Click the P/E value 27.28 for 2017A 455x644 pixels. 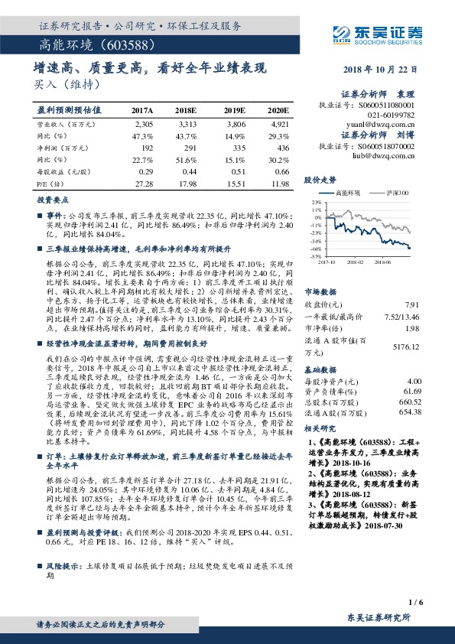[x=143, y=184]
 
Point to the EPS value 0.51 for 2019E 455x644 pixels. [x=237, y=171]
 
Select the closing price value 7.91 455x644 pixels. [x=414, y=304]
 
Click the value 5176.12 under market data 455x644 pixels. [x=406, y=346]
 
